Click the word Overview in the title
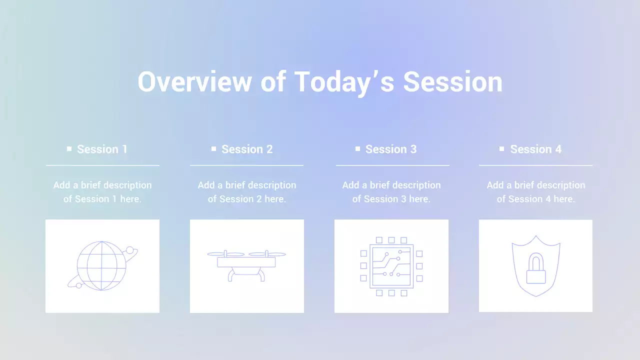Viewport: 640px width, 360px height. pyautogui.click(x=194, y=82)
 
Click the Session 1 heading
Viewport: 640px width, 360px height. pyautogui.click(x=102, y=149)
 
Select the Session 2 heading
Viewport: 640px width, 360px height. pyautogui.click(x=247, y=149)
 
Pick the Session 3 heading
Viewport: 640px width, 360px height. pyautogui.click(x=391, y=149)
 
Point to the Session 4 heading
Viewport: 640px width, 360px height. pyautogui.click(x=535, y=149)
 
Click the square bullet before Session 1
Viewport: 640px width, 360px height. pyautogui.click(x=69, y=148)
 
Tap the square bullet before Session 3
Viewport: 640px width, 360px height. pyautogui.click(x=357, y=148)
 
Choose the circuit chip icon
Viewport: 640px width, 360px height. pyautogui.click(x=391, y=266)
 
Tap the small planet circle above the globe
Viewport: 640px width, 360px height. pyautogui.click(x=130, y=250)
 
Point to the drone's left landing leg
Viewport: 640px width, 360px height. pyautogui.click(x=231, y=275)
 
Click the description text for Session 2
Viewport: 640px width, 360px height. pyautogui.click(x=247, y=192)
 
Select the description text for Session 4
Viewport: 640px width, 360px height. pyautogui.click(x=535, y=192)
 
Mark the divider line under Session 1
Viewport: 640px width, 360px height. pyautogui.click(x=102, y=165)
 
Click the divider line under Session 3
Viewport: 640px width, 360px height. pyautogui.click(x=392, y=165)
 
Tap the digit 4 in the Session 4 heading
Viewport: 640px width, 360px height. pyautogui.click(x=558, y=149)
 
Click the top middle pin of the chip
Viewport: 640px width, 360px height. pyautogui.click(x=391, y=240)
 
